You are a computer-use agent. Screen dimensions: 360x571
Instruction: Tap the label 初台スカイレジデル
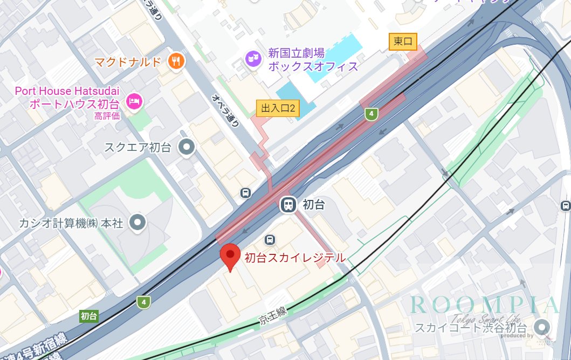tap(294, 258)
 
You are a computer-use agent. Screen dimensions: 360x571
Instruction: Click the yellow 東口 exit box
tap(403, 41)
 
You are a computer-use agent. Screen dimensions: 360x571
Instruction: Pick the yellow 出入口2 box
tap(278, 108)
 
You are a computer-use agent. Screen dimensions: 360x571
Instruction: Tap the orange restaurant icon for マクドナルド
tap(176, 61)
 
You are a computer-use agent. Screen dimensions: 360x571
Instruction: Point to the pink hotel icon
tap(134, 100)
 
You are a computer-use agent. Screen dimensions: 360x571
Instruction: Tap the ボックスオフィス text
tap(313, 66)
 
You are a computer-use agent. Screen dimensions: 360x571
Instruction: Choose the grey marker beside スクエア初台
tap(187, 146)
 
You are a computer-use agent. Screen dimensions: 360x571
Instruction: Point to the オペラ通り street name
tap(225, 110)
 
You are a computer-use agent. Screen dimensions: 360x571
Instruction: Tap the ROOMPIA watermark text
tap(484, 304)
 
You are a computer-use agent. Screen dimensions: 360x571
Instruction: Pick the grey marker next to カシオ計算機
tap(139, 221)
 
